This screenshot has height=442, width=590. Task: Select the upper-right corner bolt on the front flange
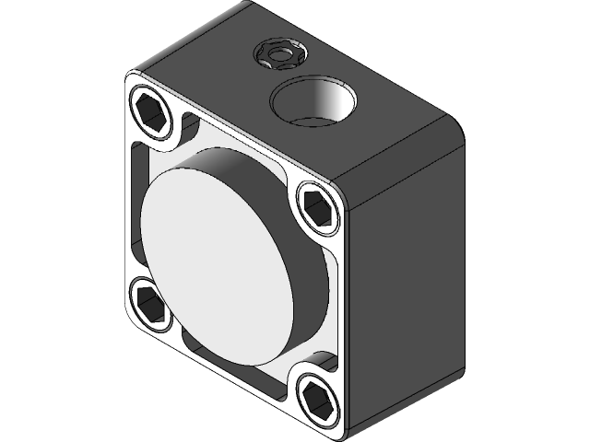click(x=316, y=204)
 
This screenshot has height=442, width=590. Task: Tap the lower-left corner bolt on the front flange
click(x=150, y=301)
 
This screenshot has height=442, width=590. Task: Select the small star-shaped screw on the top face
click(x=277, y=55)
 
